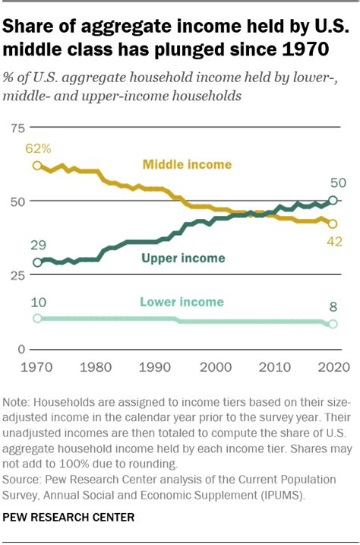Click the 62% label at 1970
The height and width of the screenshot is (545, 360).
(x=37, y=147)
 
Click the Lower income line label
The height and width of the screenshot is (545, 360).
(x=182, y=302)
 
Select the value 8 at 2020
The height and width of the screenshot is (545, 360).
(x=332, y=306)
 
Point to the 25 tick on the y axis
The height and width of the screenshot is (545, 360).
(x=17, y=275)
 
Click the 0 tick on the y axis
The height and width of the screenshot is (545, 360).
(x=21, y=349)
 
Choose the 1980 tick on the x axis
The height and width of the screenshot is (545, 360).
(x=96, y=368)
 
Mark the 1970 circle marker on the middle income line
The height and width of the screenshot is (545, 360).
(x=37, y=165)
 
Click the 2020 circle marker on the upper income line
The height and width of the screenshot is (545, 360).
(x=332, y=201)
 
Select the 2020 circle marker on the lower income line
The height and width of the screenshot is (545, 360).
(x=332, y=325)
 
